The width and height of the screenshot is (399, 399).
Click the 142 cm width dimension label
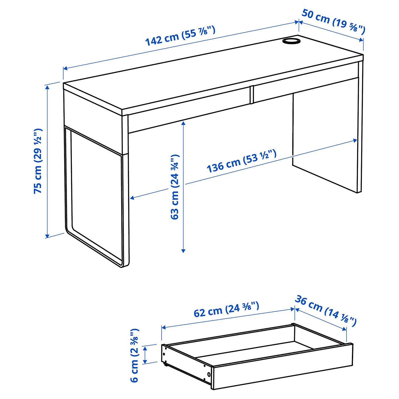point(180,36)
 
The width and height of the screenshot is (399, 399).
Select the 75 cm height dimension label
point(38,161)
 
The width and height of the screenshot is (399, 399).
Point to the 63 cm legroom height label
point(174,187)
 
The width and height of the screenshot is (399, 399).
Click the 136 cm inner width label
point(241,161)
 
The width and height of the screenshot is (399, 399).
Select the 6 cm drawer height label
point(134,355)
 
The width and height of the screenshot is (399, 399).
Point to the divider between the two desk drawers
point(251,94)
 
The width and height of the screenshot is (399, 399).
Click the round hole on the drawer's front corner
point(209,374)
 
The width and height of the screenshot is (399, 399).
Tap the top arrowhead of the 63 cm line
point(183,123)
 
